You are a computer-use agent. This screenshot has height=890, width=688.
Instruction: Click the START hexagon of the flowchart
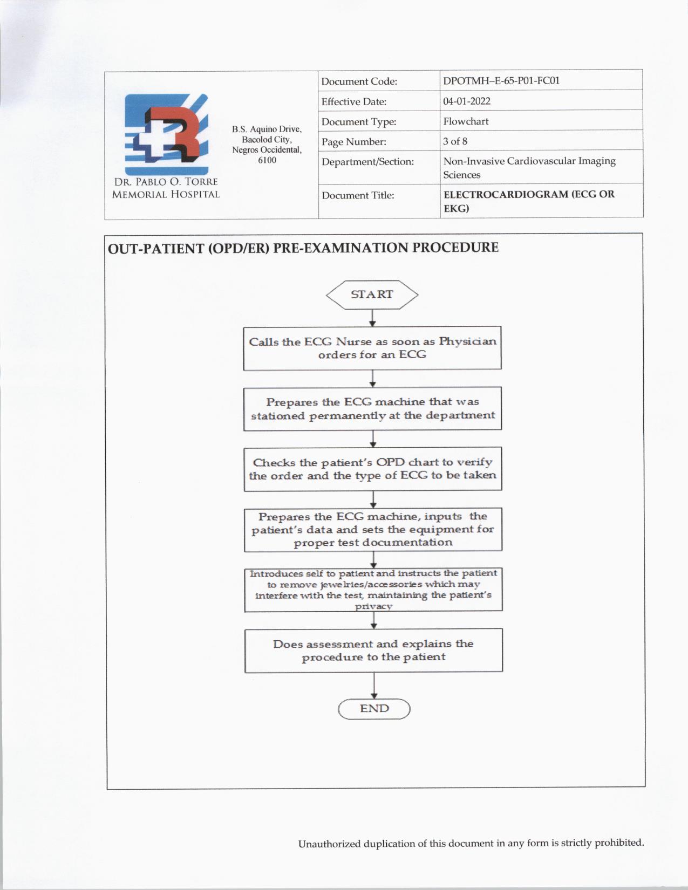point(372,295)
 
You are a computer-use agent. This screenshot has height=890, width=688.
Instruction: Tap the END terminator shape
point(374,709)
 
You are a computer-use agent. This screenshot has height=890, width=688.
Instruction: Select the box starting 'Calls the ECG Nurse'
point(372,348)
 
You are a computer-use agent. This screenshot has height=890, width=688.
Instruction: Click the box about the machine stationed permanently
point(372,408)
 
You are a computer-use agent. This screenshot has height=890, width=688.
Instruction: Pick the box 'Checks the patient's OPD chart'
point(373,469)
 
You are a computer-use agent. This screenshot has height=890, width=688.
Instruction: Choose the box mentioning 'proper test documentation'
point(373,529)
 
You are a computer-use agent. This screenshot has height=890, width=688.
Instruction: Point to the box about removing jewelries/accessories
point(373,590)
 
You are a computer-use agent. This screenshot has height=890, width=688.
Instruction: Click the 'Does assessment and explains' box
point(373,650)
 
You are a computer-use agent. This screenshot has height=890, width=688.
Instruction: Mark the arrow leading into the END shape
point(374,686)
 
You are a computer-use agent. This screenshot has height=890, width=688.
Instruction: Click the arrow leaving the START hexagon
point(372,318)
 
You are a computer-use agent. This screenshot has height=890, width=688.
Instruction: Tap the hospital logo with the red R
point(166,134)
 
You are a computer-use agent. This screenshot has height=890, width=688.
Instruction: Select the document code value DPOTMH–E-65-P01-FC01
point(501,81)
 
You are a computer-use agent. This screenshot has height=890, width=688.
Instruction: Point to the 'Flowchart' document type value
point(466,121)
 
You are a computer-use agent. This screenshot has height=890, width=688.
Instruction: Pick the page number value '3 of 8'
point(455,141)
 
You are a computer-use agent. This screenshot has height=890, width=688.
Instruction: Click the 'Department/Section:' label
point(367,162)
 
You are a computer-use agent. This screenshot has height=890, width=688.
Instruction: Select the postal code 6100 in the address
point(267,160)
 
